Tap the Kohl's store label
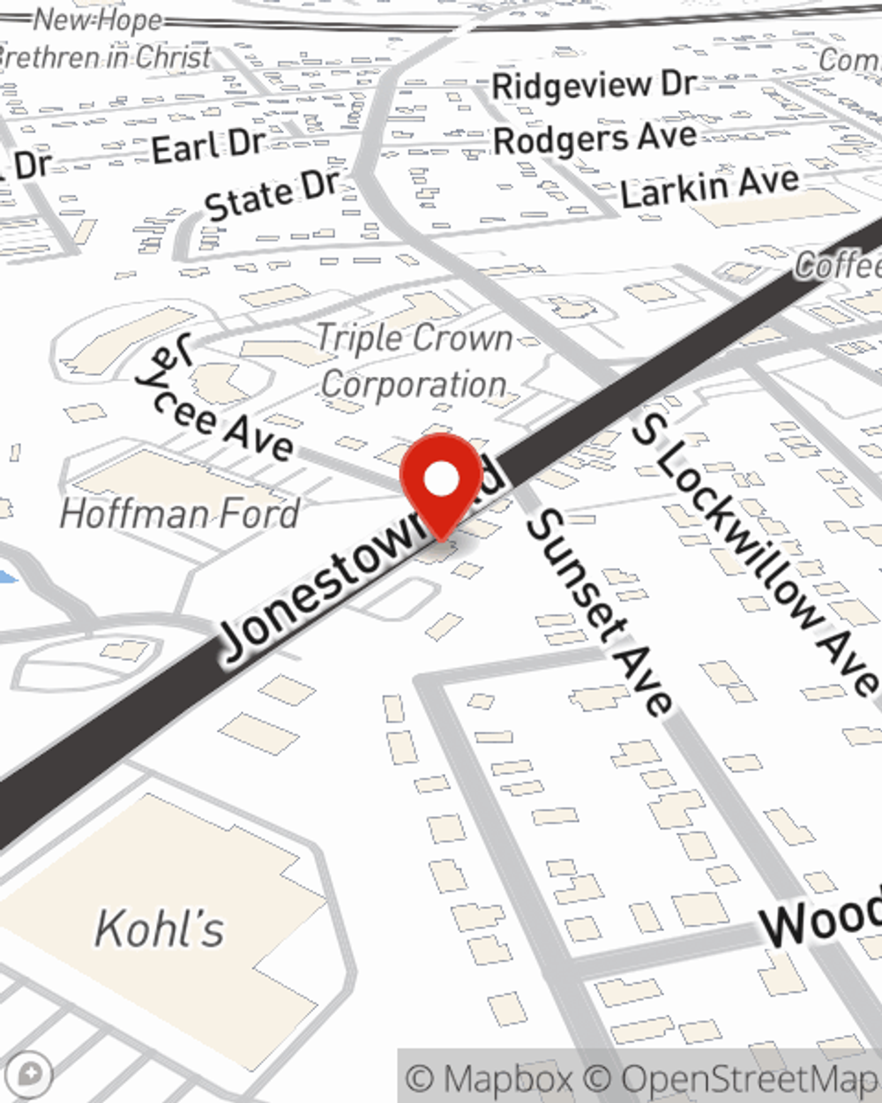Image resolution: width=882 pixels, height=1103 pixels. click(160, 928)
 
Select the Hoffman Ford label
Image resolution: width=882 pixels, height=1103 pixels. click(180, 514)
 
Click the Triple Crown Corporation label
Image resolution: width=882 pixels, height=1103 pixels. click(415, 362)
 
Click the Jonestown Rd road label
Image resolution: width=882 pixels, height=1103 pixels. click(353, 565)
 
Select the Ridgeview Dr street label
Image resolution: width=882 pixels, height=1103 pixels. click(594, 86)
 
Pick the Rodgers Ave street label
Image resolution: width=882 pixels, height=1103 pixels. click(594, 139)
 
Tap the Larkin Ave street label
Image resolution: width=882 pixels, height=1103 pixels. click(709, 188)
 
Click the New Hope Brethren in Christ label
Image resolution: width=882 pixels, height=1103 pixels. click(101, 40)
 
